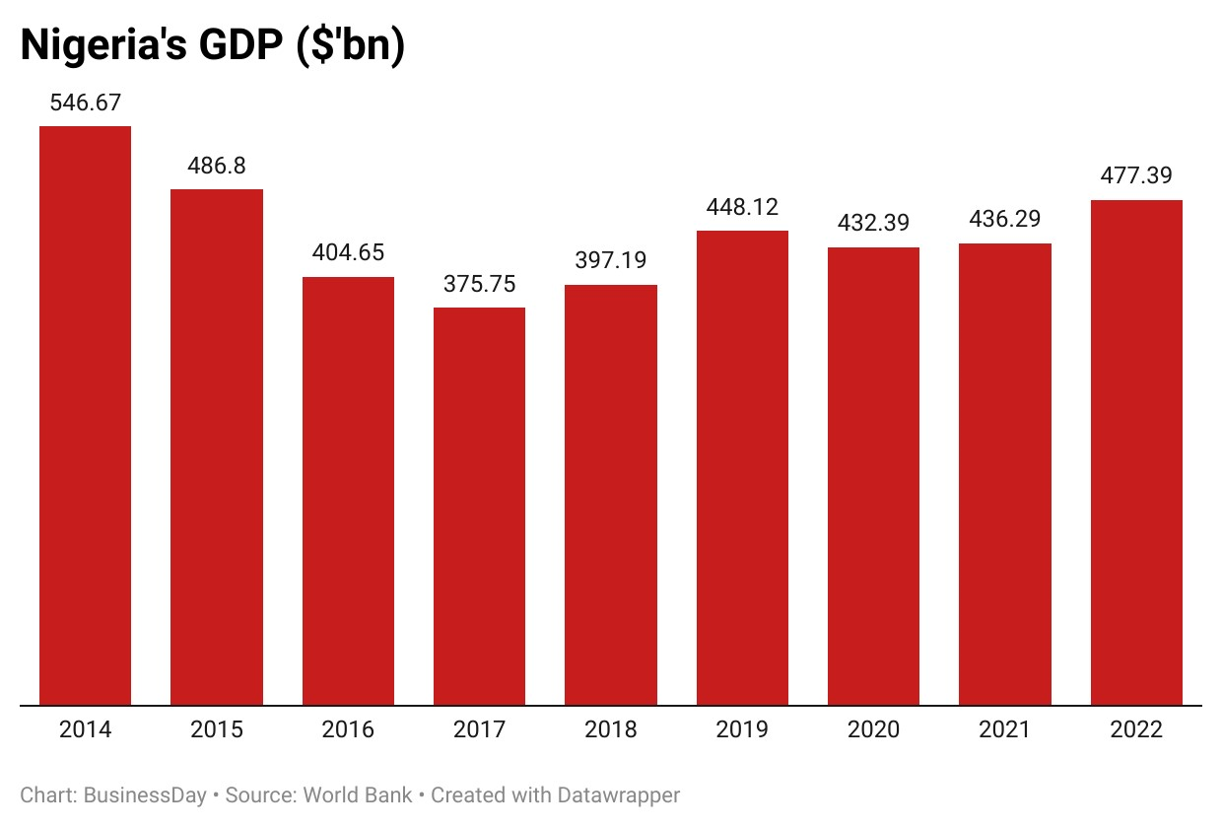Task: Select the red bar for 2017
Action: [x=479, y=507]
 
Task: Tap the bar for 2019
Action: [x=742, y=468]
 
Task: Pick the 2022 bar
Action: [x=1136, y=453]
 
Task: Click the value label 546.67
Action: [x=85, y=103]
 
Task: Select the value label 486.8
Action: [x=217, y=166]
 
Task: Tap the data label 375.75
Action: [x=479, y=284]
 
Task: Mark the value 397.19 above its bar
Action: [x=611, y=261]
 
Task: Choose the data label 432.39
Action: [x=873, y=224]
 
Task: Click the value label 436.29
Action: [x=1004, y=220]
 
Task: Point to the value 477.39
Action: [x=1136, y=176]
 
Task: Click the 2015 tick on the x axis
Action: [x=217, y=730]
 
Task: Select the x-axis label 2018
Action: [x=611, y=730]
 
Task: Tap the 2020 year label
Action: [x=873, y=730]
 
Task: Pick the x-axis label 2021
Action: [x=1004, y=730]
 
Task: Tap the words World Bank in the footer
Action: [x=358, y=794]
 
